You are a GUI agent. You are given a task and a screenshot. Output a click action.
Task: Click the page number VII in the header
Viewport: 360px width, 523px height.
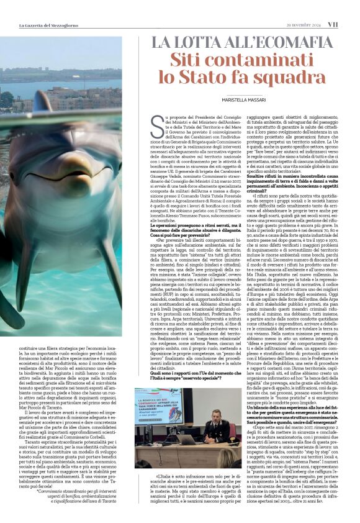coord(350,24)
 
